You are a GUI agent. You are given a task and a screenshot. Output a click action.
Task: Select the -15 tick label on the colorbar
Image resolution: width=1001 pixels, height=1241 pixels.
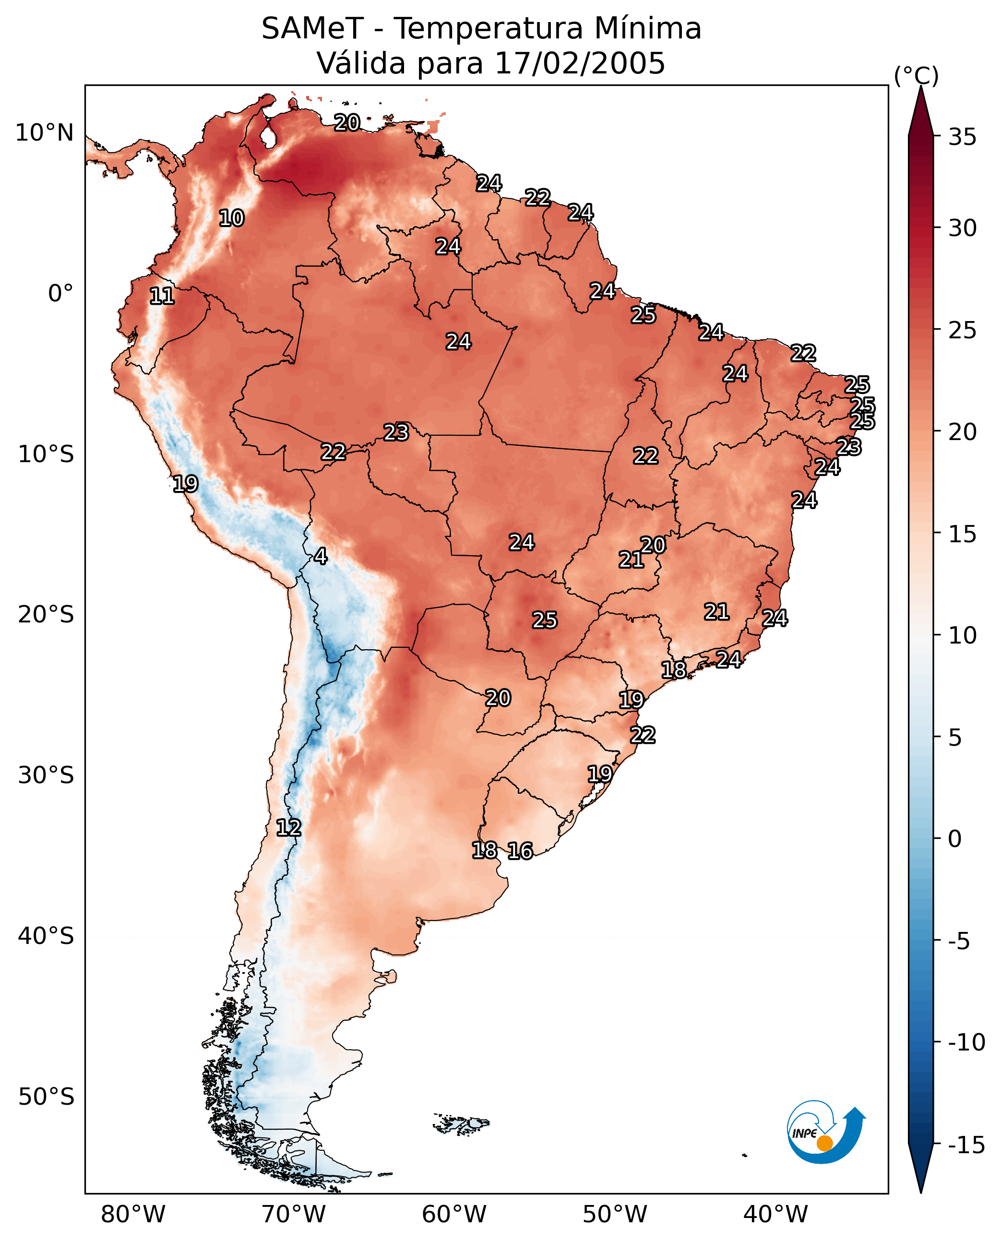point(966,1146)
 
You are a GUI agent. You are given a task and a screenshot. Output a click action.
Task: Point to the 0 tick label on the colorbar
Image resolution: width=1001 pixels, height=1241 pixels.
point(955,839)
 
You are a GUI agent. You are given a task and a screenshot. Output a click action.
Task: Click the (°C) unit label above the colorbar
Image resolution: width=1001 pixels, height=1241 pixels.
point(916,75)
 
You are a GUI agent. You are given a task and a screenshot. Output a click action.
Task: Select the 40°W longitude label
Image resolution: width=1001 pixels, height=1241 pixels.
point(775,1215)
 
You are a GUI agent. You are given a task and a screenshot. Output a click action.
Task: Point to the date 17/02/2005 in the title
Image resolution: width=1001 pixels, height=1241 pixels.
point(580,63)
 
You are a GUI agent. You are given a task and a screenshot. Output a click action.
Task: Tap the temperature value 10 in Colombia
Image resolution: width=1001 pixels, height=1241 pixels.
point(232,218)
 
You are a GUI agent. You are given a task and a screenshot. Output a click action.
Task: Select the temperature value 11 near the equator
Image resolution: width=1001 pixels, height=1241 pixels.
point(162,297)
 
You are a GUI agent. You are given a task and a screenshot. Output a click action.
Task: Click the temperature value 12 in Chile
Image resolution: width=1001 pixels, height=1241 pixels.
point(288,828)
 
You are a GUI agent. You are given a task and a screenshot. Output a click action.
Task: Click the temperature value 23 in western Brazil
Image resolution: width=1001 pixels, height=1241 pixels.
point(396,432)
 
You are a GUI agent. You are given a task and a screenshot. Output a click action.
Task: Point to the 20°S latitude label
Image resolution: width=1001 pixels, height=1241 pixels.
point(46,615)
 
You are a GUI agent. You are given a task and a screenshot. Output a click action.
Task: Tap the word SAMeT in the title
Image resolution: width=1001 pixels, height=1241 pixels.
point(312,28)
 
